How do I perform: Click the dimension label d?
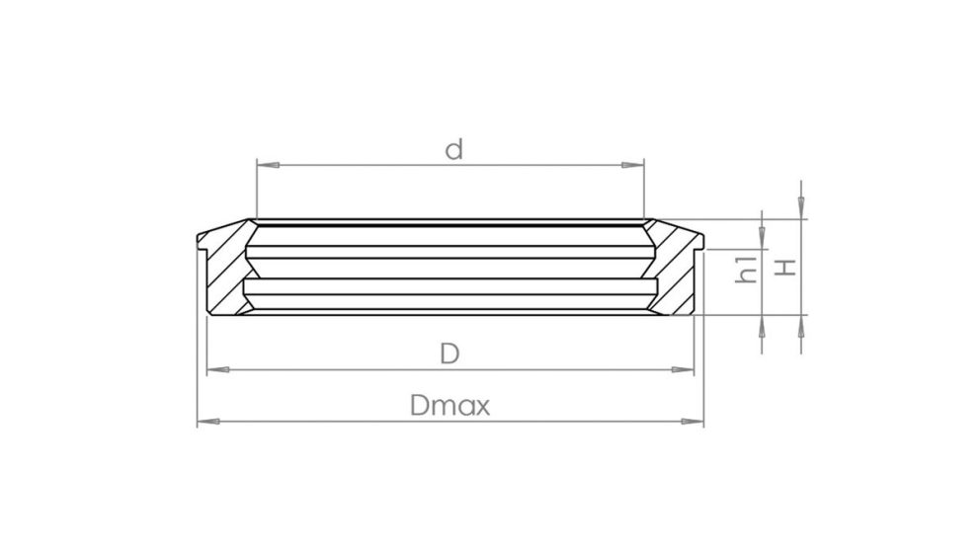click(x=453, y=150)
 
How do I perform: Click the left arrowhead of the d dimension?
click(x=264, y=165)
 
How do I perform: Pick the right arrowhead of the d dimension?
click(x=635, y=165)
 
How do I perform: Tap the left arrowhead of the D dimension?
click(x=214, y=369)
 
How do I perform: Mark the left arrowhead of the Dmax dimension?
click(x=205, y=422)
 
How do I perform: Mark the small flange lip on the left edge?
click(x=202, y=241)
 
